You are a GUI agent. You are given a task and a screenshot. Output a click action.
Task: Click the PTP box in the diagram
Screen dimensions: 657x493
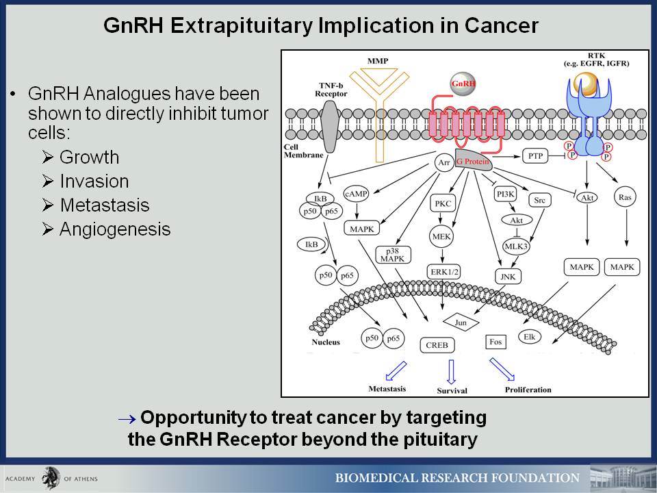pyautogui.click(x=535, y=156)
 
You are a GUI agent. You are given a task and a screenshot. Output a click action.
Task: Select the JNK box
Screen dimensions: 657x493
pyautogui.click(x=508, y=277)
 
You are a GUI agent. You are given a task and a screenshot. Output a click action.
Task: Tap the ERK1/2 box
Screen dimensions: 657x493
pyautogui.click(x=444, y=272)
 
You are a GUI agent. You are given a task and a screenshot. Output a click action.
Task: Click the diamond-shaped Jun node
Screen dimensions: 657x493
pyautogui.click(x=461, y=323)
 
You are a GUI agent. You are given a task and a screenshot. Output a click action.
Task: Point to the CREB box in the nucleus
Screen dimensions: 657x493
pyautogui.click(x=437, y=345)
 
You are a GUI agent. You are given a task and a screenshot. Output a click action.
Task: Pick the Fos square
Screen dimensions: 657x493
pyautogui.click(x=495, y=342)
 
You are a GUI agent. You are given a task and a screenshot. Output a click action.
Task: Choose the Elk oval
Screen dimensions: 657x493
pyautogui.click(x=530, y=337)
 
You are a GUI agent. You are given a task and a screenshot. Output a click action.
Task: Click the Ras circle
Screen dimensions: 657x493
pyautogui.click(x=625, y=197)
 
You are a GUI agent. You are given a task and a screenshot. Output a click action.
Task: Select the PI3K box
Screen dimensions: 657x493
pyautogui.click(x=505, y=194)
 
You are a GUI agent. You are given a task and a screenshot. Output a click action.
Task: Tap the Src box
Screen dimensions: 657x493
pyautogui.click(x=540, y=201)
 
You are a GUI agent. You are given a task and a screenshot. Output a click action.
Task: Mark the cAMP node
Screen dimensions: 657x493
pyautogui.click(x=356, y=194)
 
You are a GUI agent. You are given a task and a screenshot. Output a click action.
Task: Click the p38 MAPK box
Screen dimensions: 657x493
pyautogui.click(x=393, y=255)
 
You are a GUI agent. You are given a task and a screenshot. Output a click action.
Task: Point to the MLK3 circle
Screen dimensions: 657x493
pyautogui.click(x=516, y=246)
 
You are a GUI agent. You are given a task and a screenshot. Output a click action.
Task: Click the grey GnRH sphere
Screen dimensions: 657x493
pyautogui.click(x=463, y=84)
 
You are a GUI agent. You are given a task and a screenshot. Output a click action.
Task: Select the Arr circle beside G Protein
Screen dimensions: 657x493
pyautogui.click(x=444, y=163)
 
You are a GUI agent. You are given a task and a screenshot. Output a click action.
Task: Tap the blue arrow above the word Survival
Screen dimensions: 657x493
pyautogui.click(x=451, y=371)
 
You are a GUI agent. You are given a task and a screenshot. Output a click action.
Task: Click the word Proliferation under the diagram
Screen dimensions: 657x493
pyautogui.click(x=528, y=390)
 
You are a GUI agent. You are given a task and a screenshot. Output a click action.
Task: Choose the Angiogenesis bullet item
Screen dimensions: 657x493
pyautogui.click(x=107, y=229)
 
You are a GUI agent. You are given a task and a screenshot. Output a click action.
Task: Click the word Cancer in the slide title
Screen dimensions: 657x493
pyautogui.click(x=501, y=25)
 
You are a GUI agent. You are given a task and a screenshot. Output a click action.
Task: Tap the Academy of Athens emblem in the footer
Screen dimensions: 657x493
pyautogui.click(x=51, y=478)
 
